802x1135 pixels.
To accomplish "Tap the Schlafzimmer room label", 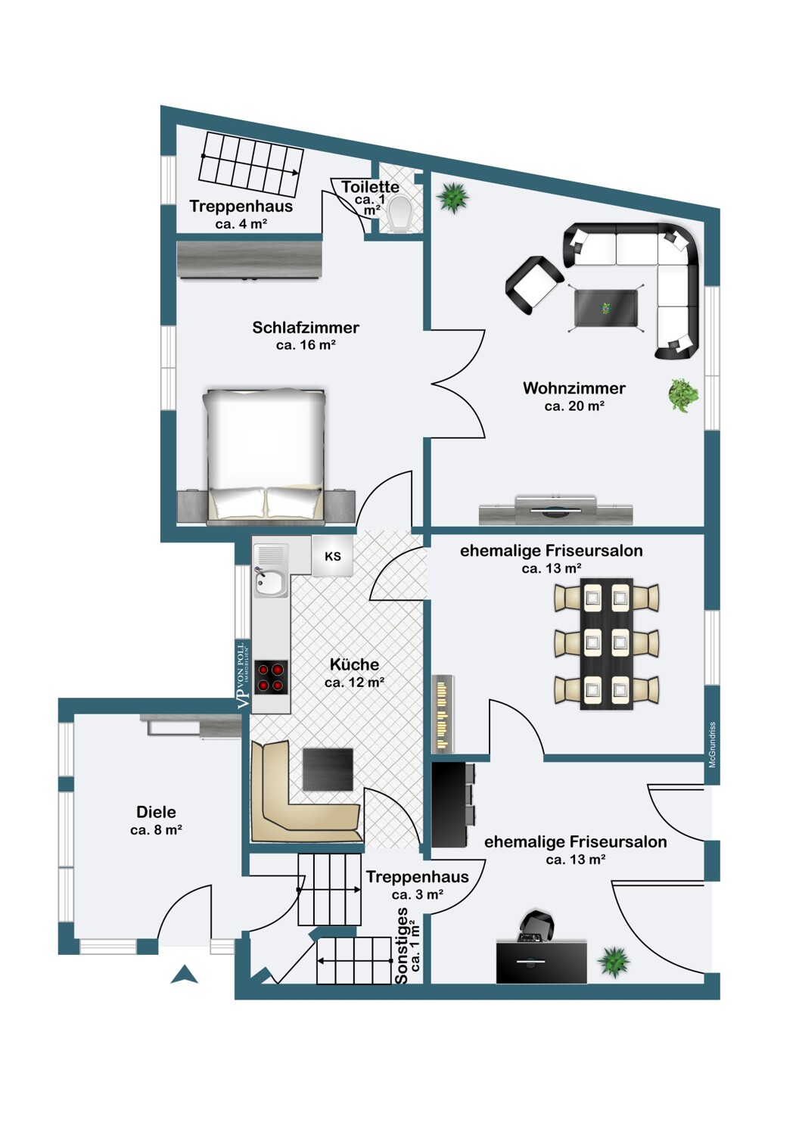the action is click(306, 328).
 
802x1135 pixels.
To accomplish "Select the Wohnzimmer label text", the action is click(574, 388).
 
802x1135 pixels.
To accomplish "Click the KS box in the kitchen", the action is click(332, 556).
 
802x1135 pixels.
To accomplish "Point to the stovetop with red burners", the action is click(271, 677).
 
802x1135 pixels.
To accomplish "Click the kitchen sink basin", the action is click(271, 583).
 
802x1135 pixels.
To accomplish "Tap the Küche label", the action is click(354, 664).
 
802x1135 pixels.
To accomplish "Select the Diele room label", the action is click(156, 812).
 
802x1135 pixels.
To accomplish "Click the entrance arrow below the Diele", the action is click(184, 974).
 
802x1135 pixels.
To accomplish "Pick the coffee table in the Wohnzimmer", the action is click(605, 308).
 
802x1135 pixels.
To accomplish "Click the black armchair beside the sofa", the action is click(534, 285).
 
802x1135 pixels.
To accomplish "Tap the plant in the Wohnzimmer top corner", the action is click(452, 197).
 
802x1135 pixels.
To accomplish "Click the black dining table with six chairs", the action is click(607, 643).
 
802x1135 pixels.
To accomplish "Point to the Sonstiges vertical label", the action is click(402, 946).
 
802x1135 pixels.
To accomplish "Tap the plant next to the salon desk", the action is click(613, 961).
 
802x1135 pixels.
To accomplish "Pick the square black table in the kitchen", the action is click(328, 770).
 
